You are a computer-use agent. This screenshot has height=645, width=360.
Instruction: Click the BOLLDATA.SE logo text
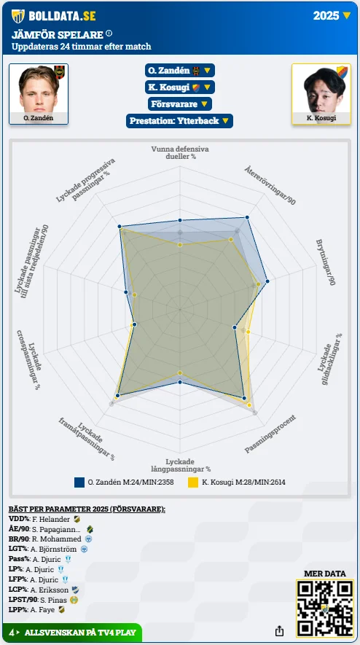click(62, 16)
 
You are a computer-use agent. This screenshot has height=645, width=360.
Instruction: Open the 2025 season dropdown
click(332, 15)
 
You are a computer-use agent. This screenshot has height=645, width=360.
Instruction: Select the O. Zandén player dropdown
click(180, 71)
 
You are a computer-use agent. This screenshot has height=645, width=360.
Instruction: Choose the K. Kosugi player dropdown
click(180, 87)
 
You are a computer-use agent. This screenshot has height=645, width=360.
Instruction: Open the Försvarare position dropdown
click(180, 103)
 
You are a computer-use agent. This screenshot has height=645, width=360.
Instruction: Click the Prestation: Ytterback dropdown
click(180, 121)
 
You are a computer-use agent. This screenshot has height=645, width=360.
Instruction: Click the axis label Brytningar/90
click(326, 262)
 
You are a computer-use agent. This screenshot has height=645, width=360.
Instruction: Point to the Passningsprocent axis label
click(270, 434)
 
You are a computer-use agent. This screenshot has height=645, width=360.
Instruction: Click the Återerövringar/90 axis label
click(270, 185)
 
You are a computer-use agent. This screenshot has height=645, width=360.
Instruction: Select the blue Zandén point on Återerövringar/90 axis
click(247, 217)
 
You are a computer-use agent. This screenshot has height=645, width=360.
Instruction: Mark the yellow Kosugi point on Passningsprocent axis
click(249, 405)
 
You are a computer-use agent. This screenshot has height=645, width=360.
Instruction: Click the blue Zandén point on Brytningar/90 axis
click(267, 282)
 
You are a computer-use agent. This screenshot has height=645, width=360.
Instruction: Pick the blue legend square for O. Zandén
click(79, 482)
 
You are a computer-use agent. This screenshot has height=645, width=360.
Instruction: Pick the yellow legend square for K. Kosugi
click(193, 482)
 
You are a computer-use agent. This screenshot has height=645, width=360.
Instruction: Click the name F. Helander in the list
click(51, 519)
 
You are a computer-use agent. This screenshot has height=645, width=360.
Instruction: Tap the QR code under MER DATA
click(324, 609)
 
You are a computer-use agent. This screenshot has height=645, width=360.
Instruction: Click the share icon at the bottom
click(279, 630)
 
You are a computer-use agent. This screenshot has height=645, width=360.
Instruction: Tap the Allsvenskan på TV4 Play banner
click(72, 633)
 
